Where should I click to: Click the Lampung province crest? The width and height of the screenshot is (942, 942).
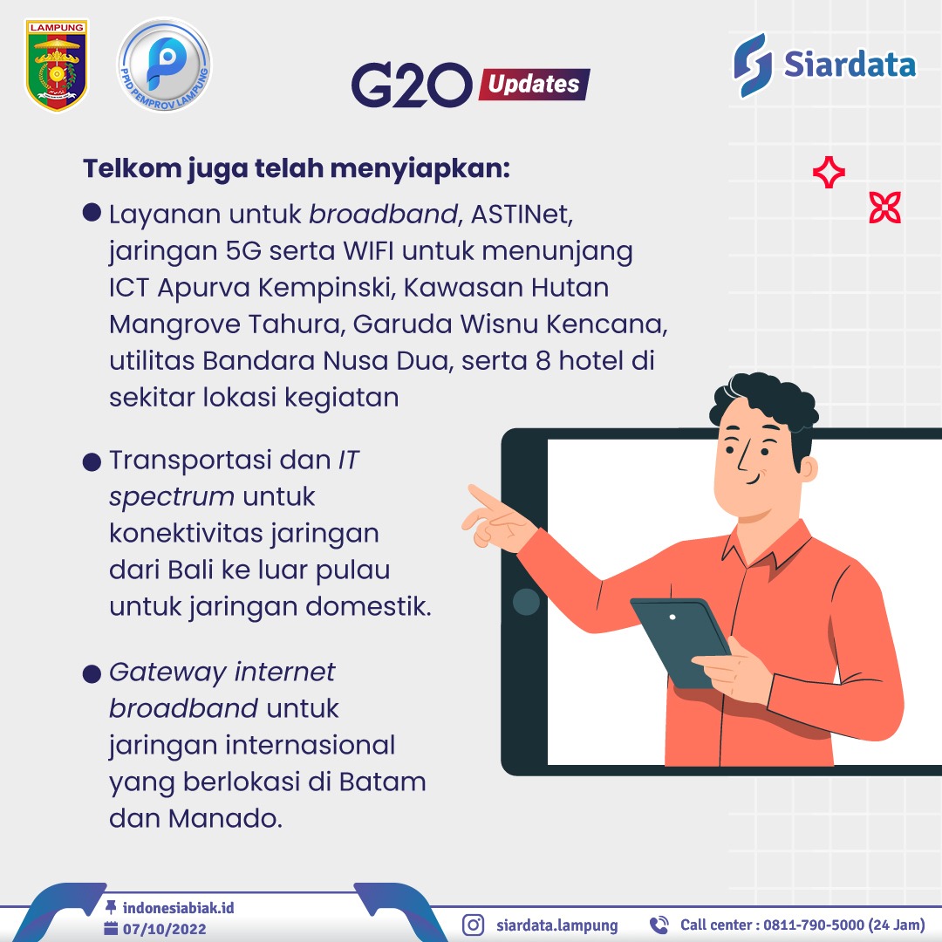pos(57,65)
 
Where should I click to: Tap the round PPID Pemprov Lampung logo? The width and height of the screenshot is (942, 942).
pos(164,65)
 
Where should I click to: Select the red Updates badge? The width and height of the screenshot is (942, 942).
pos(534,84)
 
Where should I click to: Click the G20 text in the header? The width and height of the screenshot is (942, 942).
pos(412,85)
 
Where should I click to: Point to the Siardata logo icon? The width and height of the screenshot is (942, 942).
pos(752,65)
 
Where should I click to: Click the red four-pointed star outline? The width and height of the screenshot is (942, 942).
pos(829,172)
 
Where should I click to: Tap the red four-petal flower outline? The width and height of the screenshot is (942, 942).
pos(885,208)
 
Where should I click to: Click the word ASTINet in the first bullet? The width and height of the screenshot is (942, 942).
pos(522,215)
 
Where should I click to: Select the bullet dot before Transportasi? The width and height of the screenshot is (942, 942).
pos(92,462)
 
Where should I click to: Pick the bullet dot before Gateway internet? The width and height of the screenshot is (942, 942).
pos(92,673)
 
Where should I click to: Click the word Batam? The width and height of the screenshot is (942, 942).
pos(382,782)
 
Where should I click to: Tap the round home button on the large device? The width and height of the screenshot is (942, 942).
pos(526,601)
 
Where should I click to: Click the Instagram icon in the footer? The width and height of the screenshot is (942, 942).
pos(473,925)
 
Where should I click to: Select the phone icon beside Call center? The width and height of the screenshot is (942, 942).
pos(659,925)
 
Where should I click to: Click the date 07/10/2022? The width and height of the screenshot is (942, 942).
pos(165,929)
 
